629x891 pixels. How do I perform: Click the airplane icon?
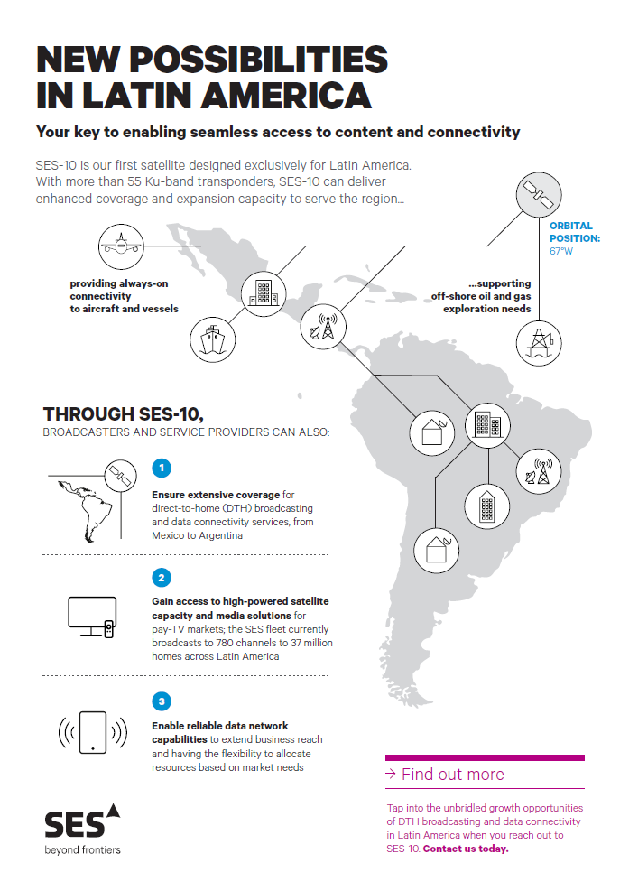point(120,246)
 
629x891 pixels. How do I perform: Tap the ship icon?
point(212,339)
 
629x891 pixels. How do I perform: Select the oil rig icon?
point(539,343)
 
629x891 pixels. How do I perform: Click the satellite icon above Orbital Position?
point(539,195)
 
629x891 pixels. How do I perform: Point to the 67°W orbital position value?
point(561,251)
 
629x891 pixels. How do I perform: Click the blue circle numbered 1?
point(162,468)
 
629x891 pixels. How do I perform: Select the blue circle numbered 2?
point(162,578)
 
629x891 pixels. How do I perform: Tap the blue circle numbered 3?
point(162,701)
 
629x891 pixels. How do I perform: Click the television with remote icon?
point(92,617)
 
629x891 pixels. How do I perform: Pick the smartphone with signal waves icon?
point(93,732)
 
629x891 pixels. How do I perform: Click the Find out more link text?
point(453,774)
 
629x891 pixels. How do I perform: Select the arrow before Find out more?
point(391,774)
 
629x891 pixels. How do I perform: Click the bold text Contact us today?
point(466,849)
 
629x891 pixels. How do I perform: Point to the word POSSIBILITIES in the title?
point(259,60)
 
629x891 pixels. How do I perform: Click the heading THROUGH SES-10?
point(124,414)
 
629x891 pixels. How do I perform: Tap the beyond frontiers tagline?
point(83,850)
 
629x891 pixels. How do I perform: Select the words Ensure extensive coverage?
point(216,495)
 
